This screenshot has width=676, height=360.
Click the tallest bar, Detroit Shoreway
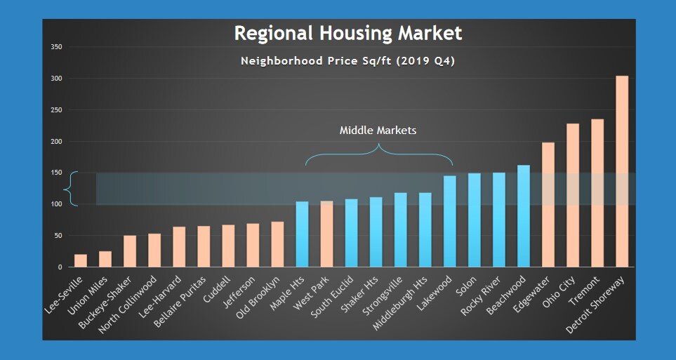621,171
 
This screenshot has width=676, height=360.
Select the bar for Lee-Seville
81,260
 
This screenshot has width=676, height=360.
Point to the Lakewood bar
449,221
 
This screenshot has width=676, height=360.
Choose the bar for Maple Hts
302,234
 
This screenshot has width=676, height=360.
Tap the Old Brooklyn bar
277,244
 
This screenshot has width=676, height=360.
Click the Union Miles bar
105,259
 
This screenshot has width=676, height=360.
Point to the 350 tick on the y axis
56,47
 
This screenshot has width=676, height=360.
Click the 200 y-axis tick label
56,142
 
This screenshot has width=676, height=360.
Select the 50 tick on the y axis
58,236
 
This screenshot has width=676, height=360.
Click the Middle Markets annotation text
378,131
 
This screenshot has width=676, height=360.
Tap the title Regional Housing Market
347,33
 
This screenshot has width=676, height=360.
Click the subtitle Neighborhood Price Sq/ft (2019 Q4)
347,61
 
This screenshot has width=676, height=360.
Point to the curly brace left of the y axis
69,189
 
